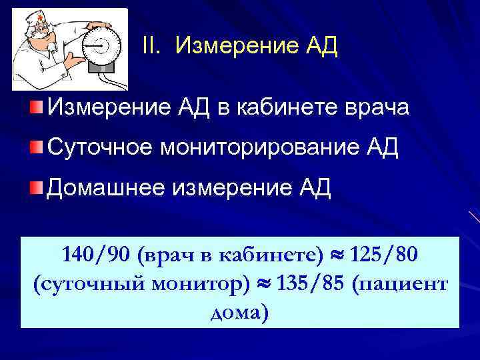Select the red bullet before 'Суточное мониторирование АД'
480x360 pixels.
click(x=35, y=145)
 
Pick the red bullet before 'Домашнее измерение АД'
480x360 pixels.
click(x=35, y=187)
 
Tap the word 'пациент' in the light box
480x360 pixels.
click(x=403, y=285)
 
